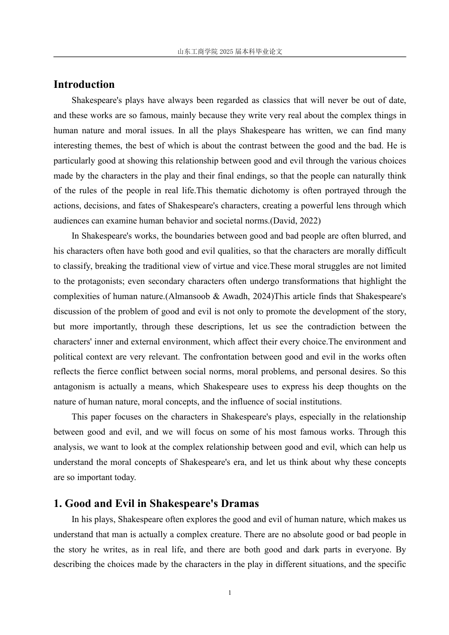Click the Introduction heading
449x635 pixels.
tap(84, 85)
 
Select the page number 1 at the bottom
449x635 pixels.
tap(230, 593)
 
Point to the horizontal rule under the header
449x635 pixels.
tap(230, 57)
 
